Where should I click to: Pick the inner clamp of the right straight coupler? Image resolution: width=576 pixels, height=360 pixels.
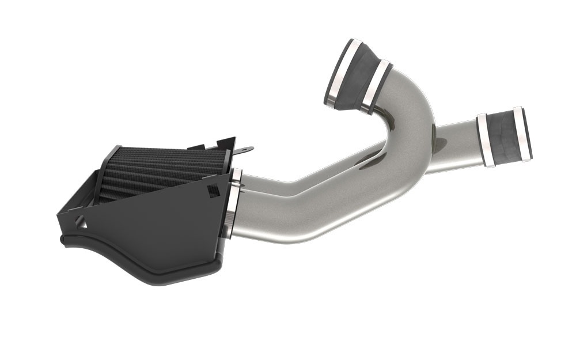[484, 141]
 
